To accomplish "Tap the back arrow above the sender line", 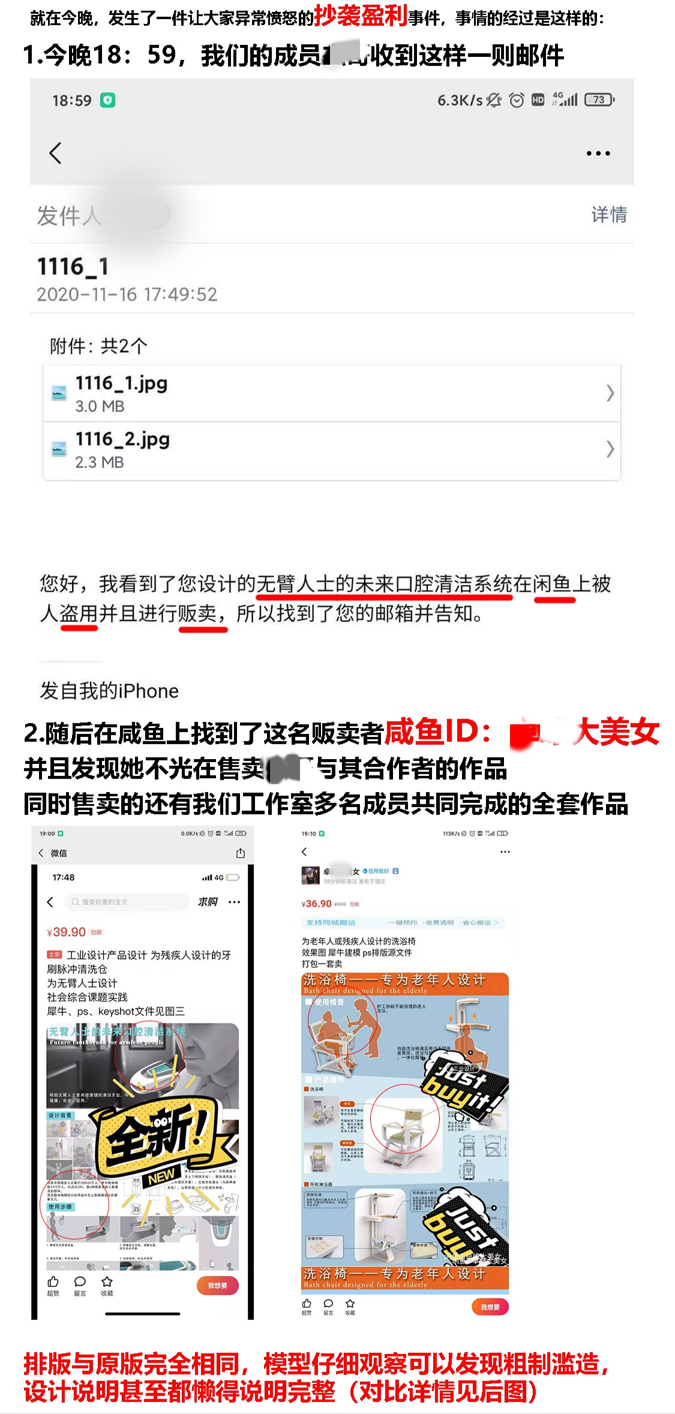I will [x=55, y=153].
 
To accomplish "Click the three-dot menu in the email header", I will [x=598, y=154].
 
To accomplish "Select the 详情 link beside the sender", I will [x=608, y=214].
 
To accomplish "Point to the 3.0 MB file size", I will [x=100, y=406].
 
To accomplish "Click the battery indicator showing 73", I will [x=599, y=100].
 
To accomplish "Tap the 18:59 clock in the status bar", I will [x=71, y=100].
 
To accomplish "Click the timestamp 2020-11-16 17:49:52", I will [x=127, y=294].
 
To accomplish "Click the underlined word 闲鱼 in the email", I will [x=553, y=583].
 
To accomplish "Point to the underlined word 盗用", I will [x=79, y=613].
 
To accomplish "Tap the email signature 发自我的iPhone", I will [x=109, y=691].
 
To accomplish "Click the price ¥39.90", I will [x=67, y=932].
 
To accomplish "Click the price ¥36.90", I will [x=317, y=904].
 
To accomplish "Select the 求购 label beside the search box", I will [x=208, y=902].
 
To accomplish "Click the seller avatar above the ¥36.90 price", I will [x=310, y=875].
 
